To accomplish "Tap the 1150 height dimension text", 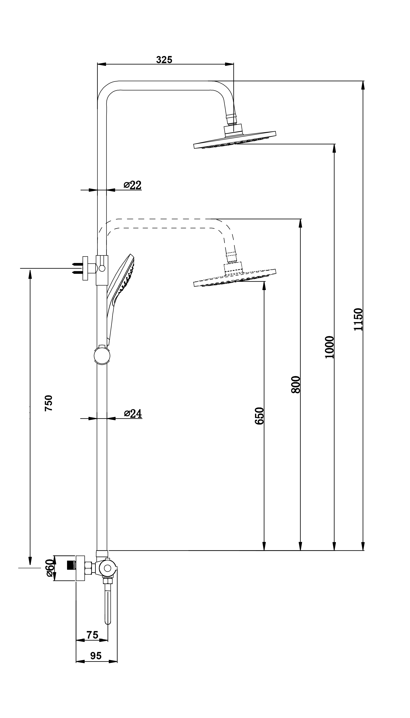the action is point(359,319).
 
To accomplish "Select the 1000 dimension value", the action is point(329,347).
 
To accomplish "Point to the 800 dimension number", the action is point(296,384).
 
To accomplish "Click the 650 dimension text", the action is point(259,416).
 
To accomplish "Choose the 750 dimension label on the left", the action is point(48,403).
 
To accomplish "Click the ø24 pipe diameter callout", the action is point(133,413).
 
